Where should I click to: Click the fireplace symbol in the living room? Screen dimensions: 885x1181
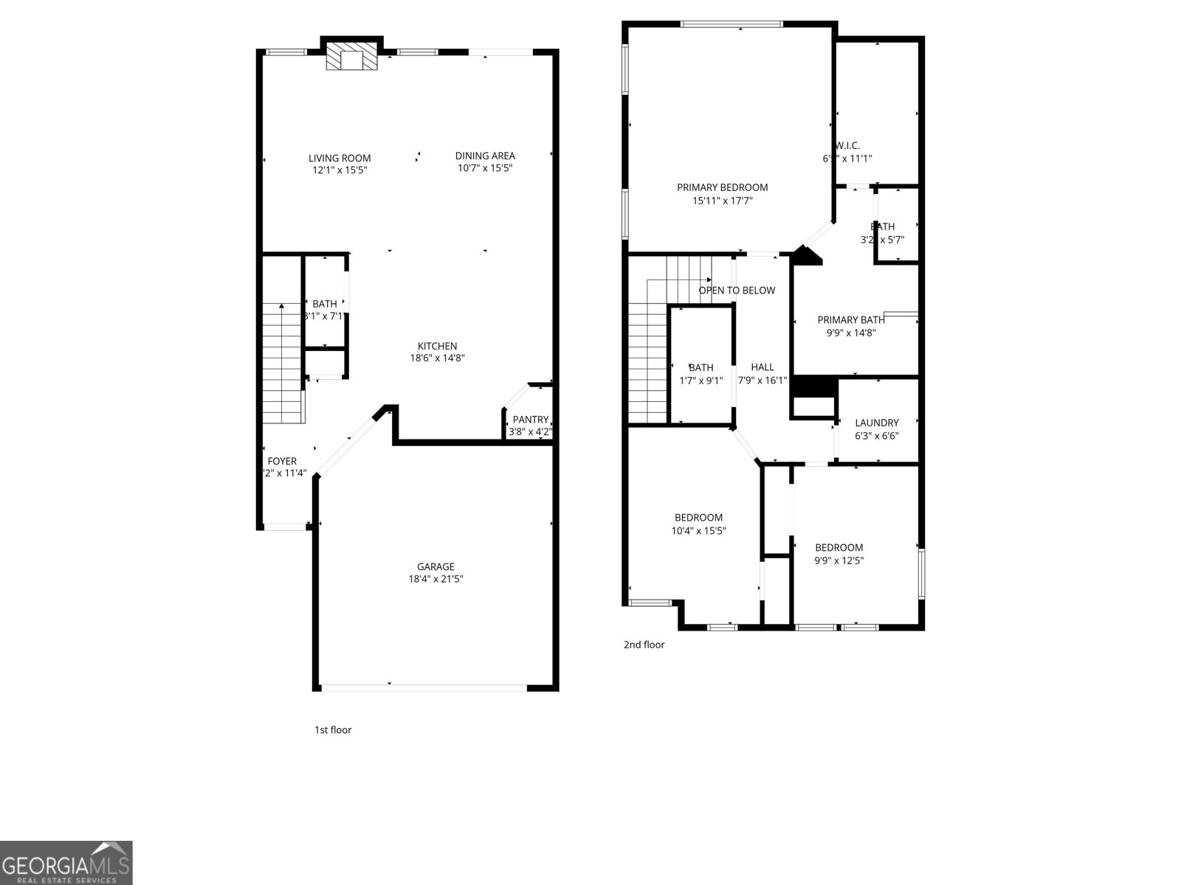[351, 56]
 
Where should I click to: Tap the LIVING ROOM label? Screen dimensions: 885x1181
[340, 158]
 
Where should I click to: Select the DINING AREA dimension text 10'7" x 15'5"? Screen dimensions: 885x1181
[485, 168]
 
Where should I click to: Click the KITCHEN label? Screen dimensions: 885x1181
[438, 346]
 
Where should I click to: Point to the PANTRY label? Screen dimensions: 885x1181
[531, 420]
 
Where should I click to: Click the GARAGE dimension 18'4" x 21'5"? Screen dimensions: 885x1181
[435, 579]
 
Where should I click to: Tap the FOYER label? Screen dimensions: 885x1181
[282, 461]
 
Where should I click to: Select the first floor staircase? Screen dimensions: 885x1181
[282, 365]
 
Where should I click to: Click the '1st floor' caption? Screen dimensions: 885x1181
[333, 730]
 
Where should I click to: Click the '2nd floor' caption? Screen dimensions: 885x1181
[644, 645]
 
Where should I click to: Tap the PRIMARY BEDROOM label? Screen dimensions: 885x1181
[723, 187]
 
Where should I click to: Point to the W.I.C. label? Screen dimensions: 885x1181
[847, 145]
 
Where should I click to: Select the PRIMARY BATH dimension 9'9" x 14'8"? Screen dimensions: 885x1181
[851, 333]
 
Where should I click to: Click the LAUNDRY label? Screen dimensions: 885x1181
[877, 423]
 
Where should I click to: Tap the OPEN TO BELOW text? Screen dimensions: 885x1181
[737, 291]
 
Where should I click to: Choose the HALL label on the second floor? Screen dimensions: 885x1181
[762, 367]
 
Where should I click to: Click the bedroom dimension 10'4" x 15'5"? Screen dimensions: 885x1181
[698, 530]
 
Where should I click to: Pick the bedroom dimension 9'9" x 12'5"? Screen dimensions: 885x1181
[839, 560]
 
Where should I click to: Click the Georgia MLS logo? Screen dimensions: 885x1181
[66, 863]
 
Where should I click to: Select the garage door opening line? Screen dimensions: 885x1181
[424, 688]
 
